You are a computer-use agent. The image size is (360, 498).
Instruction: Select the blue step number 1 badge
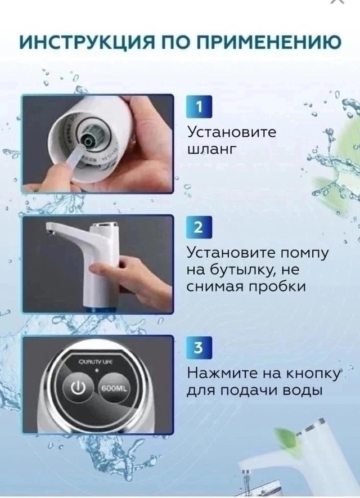197,106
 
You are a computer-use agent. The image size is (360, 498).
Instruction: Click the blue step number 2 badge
197,227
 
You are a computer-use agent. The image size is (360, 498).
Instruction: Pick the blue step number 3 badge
197,348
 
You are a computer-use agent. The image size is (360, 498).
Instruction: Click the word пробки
275,287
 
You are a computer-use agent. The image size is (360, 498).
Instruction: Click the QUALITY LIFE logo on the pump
97,362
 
